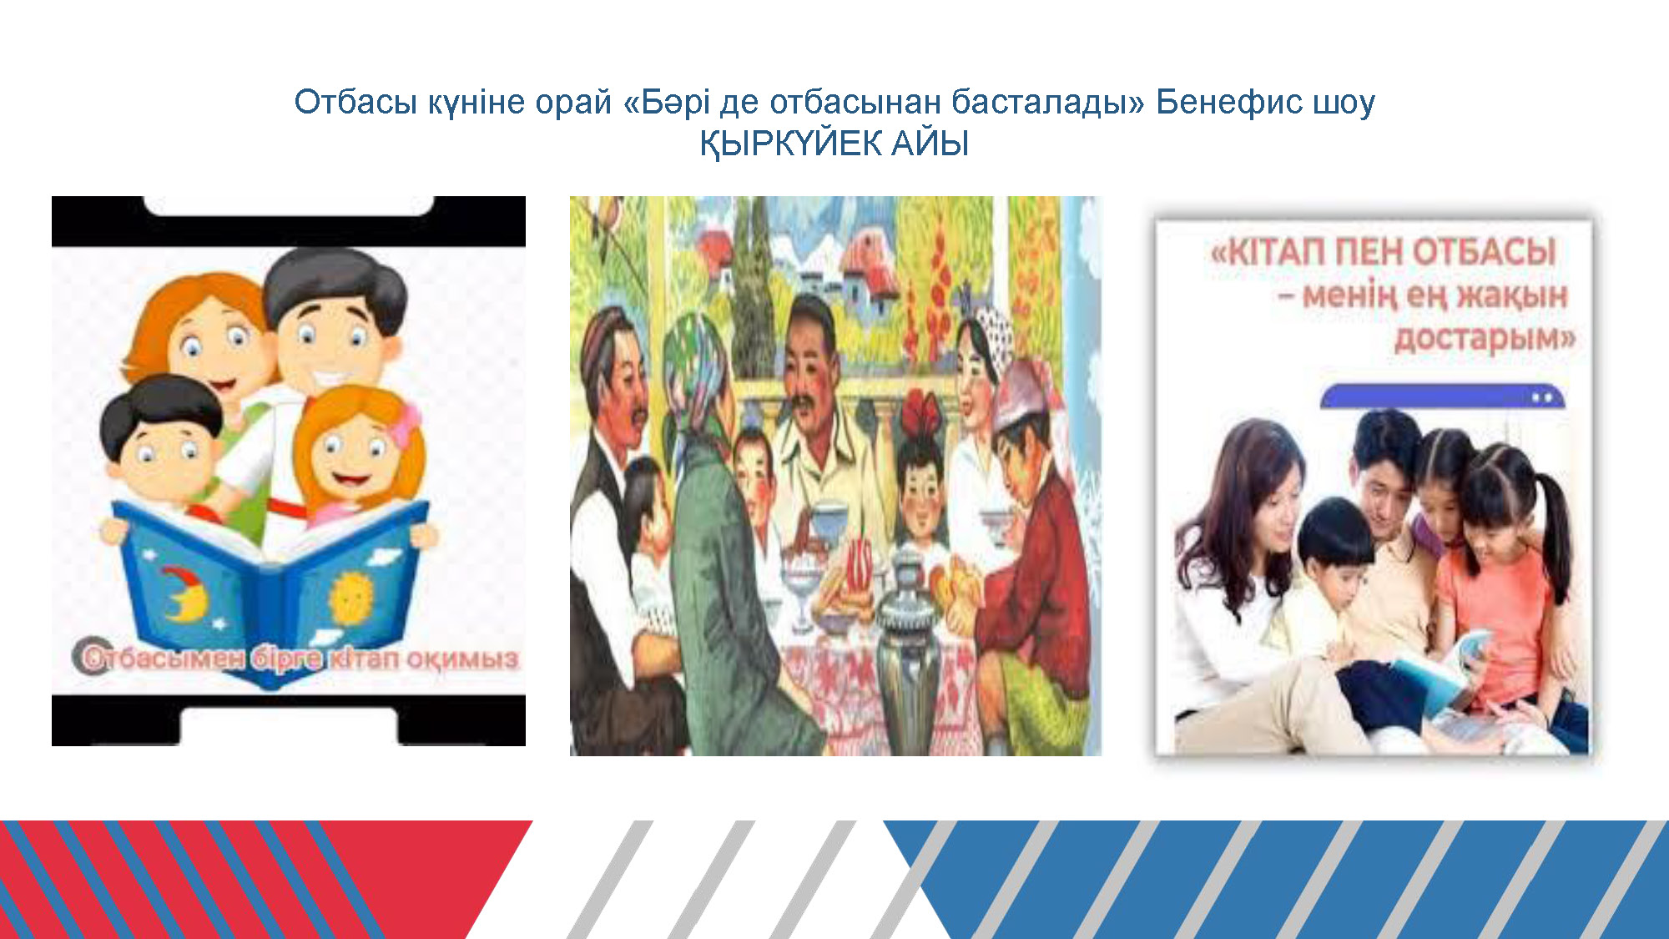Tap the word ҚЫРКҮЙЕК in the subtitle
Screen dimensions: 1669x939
coord(790,144)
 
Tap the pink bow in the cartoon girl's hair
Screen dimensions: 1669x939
coord(407,425)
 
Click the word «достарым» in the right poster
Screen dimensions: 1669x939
coord(1485,338)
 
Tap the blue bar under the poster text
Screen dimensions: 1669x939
coord(1442,396)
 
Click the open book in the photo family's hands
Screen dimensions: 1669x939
coord(1444,668)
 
